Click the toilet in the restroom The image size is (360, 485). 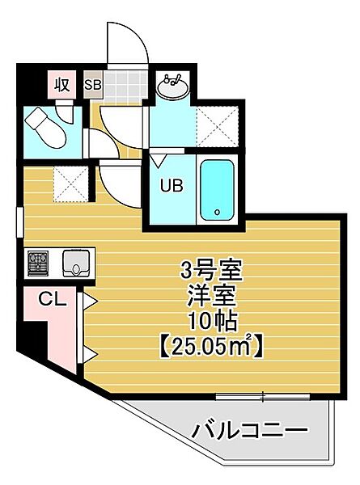tap(45, 128)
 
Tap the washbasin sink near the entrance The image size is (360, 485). tap(172, 86)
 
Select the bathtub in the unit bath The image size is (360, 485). tap(217, 190)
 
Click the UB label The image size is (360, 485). tap(172, 185)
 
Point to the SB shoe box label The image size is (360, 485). tap(93, 85)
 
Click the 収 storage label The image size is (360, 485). tap(62, 84)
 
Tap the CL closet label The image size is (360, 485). tap(53, 299)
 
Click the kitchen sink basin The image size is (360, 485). tap(76, 264)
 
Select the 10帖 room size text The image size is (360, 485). tap(214, 322)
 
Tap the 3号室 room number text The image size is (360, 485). tap(212, 271)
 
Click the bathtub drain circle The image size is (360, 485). tap(217, 212)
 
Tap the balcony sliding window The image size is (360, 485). tap(262, 397)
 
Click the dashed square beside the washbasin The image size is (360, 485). tap(218, 126)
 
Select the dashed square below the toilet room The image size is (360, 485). tap(71, 184)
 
